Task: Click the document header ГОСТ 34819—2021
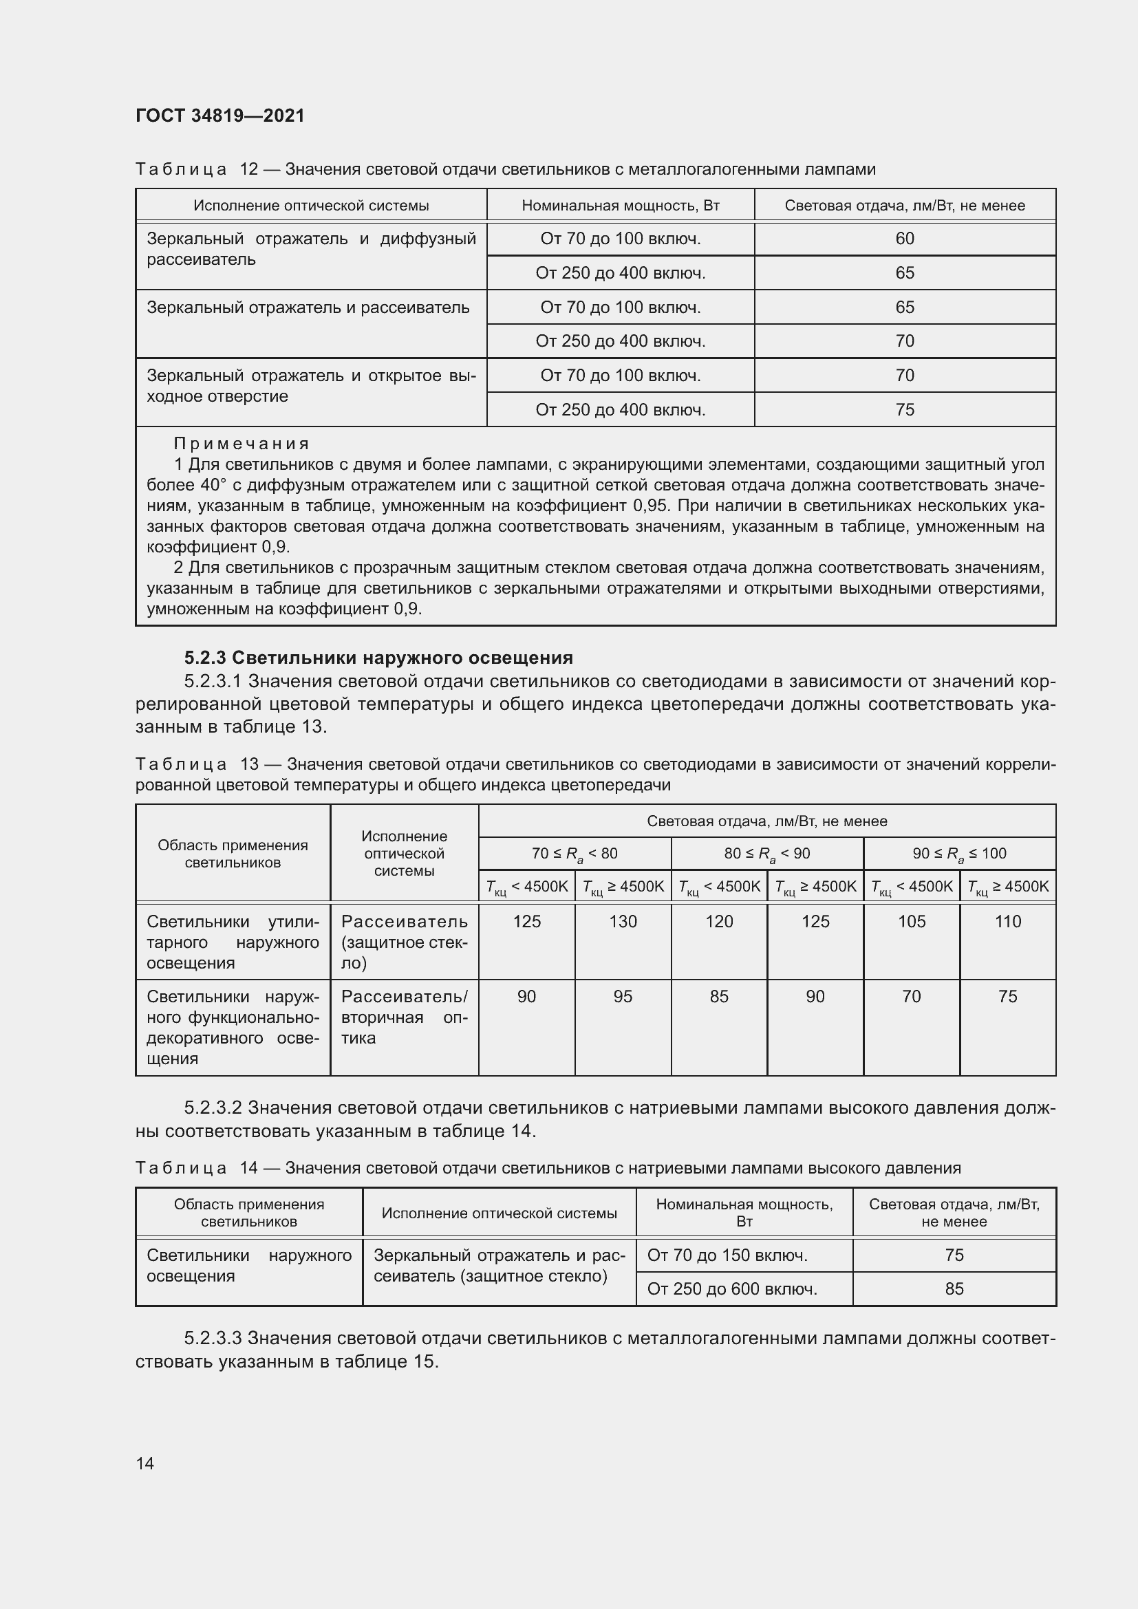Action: pos(220,116)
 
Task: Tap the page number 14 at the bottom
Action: pos(145,1463)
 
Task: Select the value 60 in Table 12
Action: pos(904,239)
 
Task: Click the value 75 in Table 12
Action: pos(904,410)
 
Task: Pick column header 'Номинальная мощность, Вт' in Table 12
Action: pos(620,205)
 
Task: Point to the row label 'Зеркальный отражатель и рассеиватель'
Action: pos(308,307)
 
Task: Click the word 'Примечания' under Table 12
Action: pos(241,444)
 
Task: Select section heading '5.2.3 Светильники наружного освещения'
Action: pos(378,658)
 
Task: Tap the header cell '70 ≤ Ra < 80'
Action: pos(574,854)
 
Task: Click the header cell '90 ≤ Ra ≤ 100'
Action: pos(958,854)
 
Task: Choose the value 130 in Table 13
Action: pos(622,922)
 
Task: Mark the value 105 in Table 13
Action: pos(912,922)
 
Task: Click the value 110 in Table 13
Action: pos(1008,922)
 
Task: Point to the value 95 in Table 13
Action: pos(622,997)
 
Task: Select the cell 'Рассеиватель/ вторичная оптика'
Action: pos(404,1017)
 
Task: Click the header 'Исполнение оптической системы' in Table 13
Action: pos(404,854)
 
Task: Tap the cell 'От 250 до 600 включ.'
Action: pos(731,1289)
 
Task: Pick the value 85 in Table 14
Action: pos(954,1289)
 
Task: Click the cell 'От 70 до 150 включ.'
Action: pos(727,1255)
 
